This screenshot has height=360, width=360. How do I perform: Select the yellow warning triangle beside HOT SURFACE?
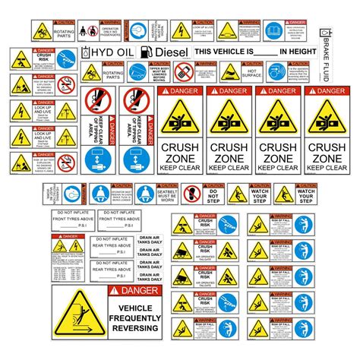coord(229,74)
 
